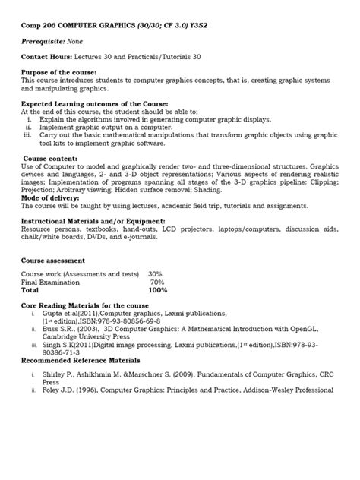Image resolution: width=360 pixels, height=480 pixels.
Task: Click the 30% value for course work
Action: pos(156,274)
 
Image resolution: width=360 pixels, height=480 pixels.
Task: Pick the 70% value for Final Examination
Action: pos(158,283)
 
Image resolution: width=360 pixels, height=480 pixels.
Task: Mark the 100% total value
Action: pos(158,291)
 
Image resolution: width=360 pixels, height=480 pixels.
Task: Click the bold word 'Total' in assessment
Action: pos(30,291)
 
